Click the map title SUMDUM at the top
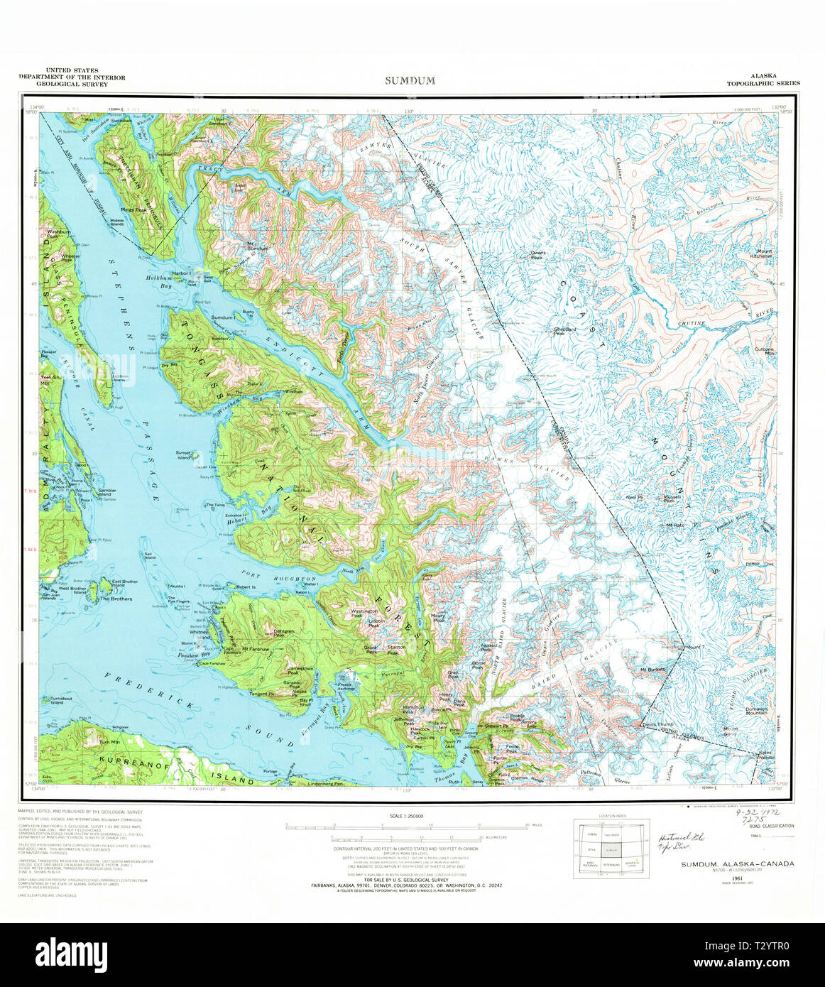click(x=410, y=80)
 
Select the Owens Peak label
click(x=538, y=254)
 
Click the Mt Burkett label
click(x=652, y=669)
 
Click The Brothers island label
click(x=116, y=599)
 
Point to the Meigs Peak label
click(x=133, y=210)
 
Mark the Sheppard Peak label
click(x=565, y=331)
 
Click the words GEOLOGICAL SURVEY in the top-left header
click(x=73, y=84)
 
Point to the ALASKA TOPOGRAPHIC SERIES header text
click(x=763, y=80)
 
